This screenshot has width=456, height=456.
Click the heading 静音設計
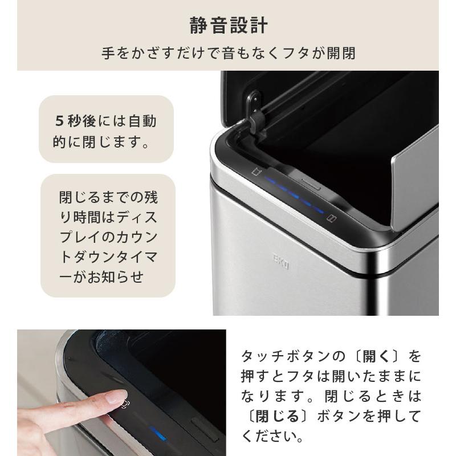pos(228,26)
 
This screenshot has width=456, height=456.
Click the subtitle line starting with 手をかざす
pos(228,54)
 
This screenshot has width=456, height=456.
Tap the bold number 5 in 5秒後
pos(59,121)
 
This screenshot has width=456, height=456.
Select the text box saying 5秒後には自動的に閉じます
pos(106,130)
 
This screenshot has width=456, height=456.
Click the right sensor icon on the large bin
pos(329,217)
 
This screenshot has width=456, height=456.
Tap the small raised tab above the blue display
pos(311,184)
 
